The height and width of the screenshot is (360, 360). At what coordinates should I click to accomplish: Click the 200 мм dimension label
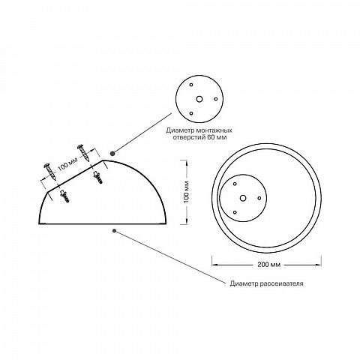[269, 265]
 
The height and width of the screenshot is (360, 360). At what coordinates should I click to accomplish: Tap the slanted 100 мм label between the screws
[68, 164]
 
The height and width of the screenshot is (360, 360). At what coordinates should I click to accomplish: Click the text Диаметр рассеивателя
[266, 283]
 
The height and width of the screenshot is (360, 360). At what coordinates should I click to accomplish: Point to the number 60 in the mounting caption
[211, 137]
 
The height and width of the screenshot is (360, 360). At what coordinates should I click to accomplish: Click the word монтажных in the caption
[214, 130]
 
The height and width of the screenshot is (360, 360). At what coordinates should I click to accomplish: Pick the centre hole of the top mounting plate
[199, 99]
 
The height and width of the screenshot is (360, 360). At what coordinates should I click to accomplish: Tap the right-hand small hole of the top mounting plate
[216, 99]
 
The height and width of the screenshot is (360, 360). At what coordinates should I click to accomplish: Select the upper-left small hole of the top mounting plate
[191, 85]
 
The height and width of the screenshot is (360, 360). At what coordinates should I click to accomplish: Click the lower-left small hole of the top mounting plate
[191, 113]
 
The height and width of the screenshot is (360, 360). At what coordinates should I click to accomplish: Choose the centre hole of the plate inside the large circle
[243, 198]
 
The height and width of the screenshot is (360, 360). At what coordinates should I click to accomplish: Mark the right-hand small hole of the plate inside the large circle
[259, 198]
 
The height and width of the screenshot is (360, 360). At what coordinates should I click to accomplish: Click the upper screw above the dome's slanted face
[83, 153]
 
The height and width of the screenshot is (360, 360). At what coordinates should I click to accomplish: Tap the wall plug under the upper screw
[97, 177]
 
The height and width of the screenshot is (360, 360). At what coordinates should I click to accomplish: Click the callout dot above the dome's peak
[112, 153]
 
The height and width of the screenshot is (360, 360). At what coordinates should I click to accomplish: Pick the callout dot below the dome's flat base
[115, 231]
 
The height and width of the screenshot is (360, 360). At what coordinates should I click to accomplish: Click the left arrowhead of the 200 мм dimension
[214, 265]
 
